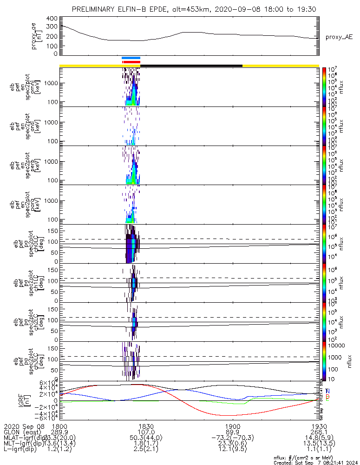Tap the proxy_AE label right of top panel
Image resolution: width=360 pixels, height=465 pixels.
339,37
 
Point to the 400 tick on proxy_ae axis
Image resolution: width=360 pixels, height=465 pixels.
52,19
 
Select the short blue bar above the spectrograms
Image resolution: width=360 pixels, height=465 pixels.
131,58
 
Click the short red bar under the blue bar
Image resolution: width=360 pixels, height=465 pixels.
131,61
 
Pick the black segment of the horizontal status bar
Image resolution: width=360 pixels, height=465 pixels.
191,66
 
